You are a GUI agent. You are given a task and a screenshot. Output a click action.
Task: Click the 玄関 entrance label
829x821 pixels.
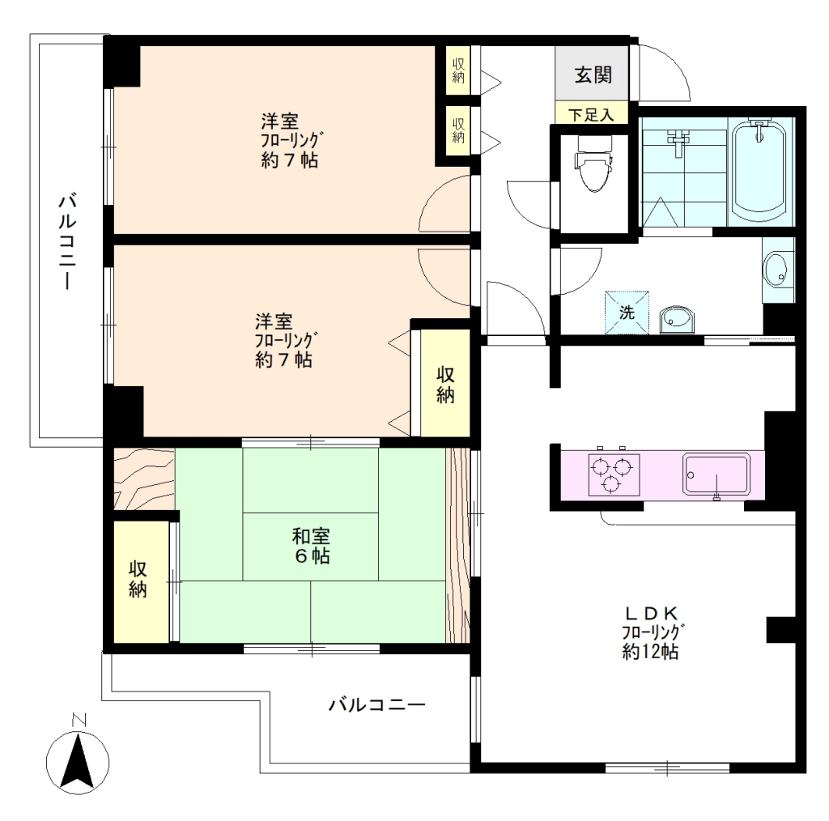pyautogui.click(x=593, y=74)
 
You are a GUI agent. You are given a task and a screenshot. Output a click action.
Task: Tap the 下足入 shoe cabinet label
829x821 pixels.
pyautogui.click(x=591, y=114)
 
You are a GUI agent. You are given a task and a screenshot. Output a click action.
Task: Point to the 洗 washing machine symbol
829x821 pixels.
pyautogui.click(x=627, y=313)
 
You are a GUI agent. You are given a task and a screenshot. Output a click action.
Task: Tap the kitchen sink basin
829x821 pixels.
pyautogui.click(x=716, y=474)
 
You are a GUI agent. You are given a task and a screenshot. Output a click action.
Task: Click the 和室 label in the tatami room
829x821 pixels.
pyautogui.click(x=311, y=536)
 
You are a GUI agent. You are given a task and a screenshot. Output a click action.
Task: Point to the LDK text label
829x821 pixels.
pyautogui.click(x=651, y=613)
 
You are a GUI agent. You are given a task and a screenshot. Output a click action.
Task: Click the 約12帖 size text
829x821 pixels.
pyautogui.click(x=650, y=651)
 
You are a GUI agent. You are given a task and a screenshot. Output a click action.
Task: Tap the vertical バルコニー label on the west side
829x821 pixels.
pyautogui.click(x=68, y=241)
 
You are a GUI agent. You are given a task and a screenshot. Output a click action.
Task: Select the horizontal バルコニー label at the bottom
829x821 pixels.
pyautogui.click(x=377, y=704)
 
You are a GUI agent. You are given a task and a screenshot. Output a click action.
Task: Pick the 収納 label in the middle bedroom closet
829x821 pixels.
pyautogui.click(x=445, y=385)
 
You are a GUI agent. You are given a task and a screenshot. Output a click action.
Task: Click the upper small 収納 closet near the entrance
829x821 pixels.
pyautogui.click(x=458, y=70)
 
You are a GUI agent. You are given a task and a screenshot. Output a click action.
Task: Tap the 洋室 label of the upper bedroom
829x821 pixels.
pyautogui.click(x=279, y=121)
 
